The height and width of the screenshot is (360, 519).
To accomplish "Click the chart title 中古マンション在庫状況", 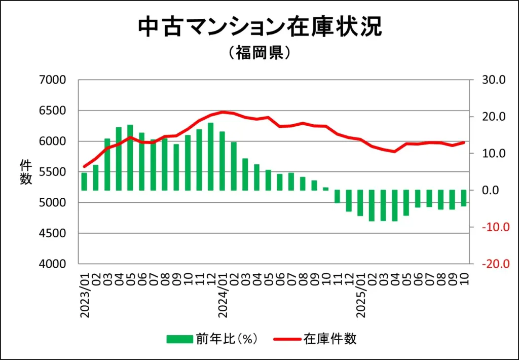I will pos(259,28).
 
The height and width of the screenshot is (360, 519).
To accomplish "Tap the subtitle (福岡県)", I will pos(259,53).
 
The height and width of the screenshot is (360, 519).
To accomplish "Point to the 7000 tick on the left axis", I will pos(53,80).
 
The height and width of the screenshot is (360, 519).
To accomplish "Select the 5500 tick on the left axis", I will pos(53,172).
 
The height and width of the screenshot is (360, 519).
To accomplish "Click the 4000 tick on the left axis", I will pos(53,264).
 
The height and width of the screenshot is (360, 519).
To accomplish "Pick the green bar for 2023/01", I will pos(84,182).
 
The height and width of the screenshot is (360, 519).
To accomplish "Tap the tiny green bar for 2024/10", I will pos(325,189).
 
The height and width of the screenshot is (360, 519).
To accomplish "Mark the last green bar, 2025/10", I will pos(463,198).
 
